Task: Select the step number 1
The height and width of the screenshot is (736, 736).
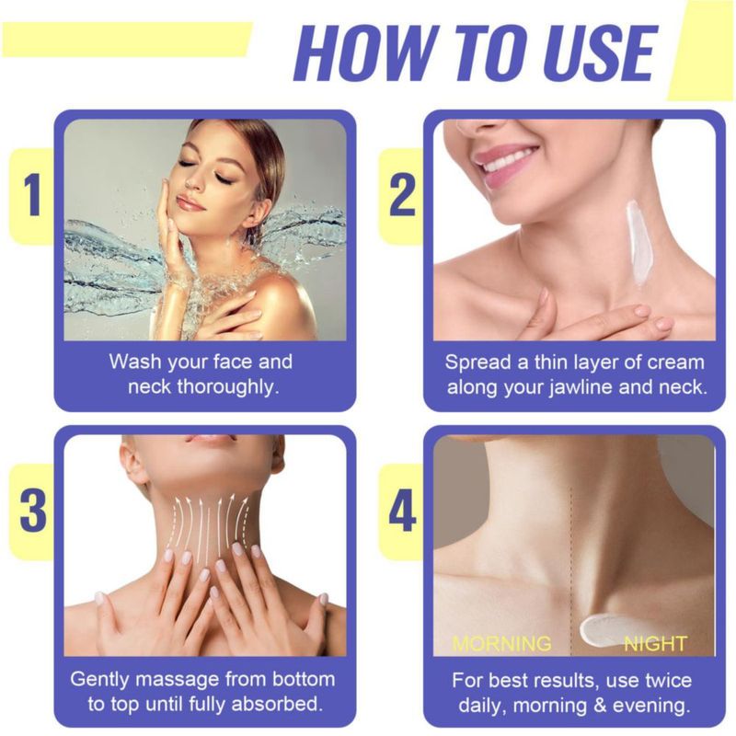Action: pos(32,195)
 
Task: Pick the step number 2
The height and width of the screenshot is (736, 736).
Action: pos(402,195)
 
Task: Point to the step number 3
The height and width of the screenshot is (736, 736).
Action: pos(33,511)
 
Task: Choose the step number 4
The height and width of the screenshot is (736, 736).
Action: pos(402,511)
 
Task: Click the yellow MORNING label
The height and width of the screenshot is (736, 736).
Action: pos(501,643)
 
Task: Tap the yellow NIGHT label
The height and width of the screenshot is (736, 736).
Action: pos(655,643)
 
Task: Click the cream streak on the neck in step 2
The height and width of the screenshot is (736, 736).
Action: pos(638,243)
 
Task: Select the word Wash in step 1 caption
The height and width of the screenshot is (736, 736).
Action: pos(134,362)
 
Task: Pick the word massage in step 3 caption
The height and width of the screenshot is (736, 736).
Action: pos(178,680)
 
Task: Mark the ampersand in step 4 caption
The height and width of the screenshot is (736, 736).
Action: pos(601,706)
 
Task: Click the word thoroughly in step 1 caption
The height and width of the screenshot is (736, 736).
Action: pos(227,387)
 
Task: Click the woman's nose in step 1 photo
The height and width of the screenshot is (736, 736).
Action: pos(192,180)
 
